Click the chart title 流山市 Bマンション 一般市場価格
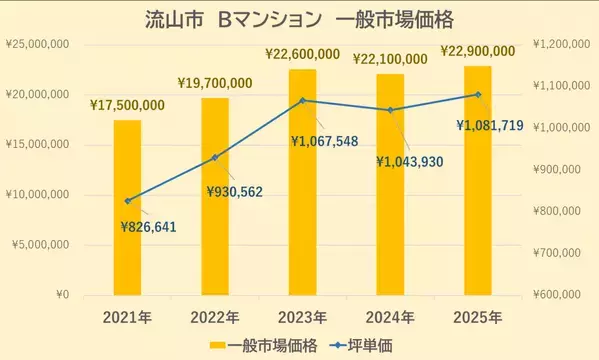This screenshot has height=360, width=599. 300,20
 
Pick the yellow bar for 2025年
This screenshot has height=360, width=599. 478,180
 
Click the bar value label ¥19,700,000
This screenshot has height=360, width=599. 214,83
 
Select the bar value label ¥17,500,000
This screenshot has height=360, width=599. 127,105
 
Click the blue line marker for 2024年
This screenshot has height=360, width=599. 390,110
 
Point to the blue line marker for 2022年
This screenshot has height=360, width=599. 214,157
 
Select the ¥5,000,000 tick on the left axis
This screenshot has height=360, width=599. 40,245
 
